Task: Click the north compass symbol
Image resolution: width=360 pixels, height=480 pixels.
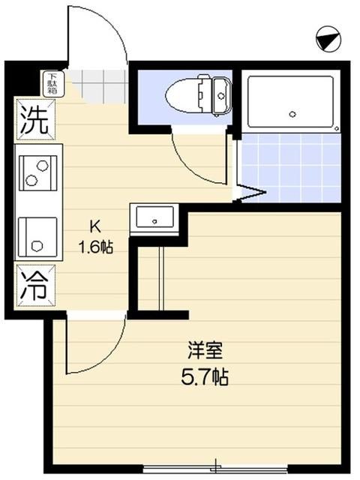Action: (x=326, y=38)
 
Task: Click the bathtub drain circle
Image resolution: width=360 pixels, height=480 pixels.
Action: (x=292, y=115)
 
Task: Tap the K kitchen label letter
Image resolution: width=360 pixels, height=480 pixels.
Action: (x=95, y=226)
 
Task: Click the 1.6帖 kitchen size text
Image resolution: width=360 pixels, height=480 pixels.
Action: (x=95, y=245)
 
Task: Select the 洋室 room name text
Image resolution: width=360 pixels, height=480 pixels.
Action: (x=204, y=350)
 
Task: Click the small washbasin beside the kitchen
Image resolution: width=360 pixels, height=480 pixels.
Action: (x=154, y=220)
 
